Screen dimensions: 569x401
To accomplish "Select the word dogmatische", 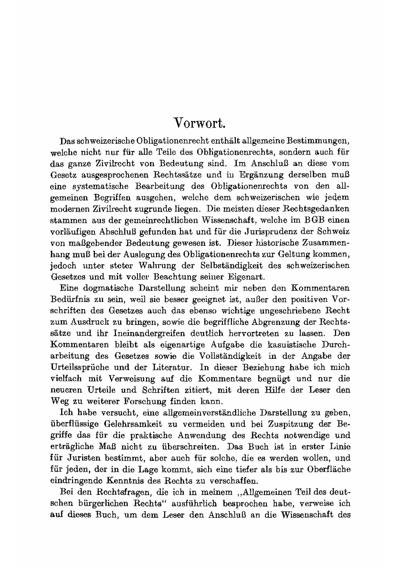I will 104,289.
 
